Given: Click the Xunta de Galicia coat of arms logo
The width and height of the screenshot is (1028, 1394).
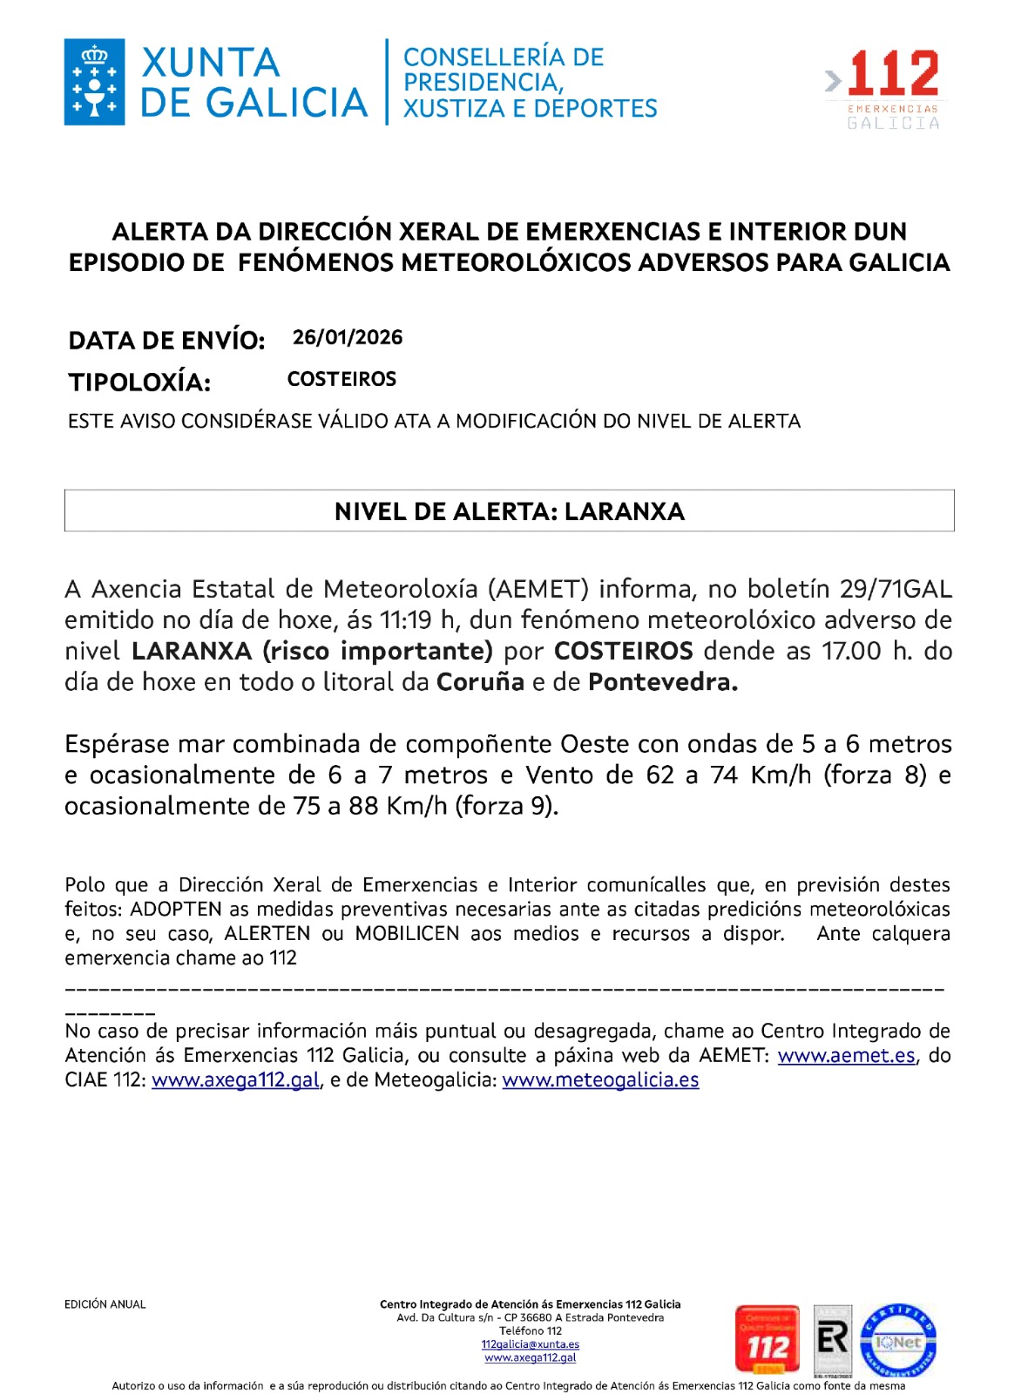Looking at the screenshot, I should [x=94, y=82].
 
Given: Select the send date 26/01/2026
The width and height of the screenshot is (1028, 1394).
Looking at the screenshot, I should [x=348, y=337].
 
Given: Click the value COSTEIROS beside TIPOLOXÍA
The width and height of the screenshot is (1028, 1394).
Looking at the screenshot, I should [x=342, y=379].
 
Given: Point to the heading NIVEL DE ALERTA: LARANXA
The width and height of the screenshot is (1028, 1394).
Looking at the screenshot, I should [x=509, y=511].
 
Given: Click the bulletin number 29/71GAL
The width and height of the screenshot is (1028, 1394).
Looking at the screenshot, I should [x=896, y=589].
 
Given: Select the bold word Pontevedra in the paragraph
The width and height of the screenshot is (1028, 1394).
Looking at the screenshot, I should [x=663, y=682].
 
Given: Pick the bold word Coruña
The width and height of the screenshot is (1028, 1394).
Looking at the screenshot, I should [x=480, y=682].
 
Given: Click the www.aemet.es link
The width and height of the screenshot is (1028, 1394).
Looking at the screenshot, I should [x=846, y=1056].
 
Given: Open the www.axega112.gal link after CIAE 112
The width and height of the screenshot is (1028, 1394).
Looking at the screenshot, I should [x=235, y=1080].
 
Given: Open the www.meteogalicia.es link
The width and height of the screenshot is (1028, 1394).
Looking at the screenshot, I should [x=600, y=1080].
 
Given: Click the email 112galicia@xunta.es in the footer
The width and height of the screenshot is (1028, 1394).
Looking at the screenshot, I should [x=530, y=1344].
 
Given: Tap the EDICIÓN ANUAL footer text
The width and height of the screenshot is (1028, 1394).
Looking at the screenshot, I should [x=105, y=1304].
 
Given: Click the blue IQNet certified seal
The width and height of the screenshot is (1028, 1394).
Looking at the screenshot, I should [x=898, y=1341].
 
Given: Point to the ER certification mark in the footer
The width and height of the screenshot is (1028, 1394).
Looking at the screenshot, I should [x=832, y=1340].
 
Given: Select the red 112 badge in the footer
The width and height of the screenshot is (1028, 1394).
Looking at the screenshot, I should [x=767, y=1340].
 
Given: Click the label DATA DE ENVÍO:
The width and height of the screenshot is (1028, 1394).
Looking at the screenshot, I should [x=166, y=340].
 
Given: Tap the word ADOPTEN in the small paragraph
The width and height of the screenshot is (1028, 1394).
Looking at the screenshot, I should [x=176, y=910].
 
